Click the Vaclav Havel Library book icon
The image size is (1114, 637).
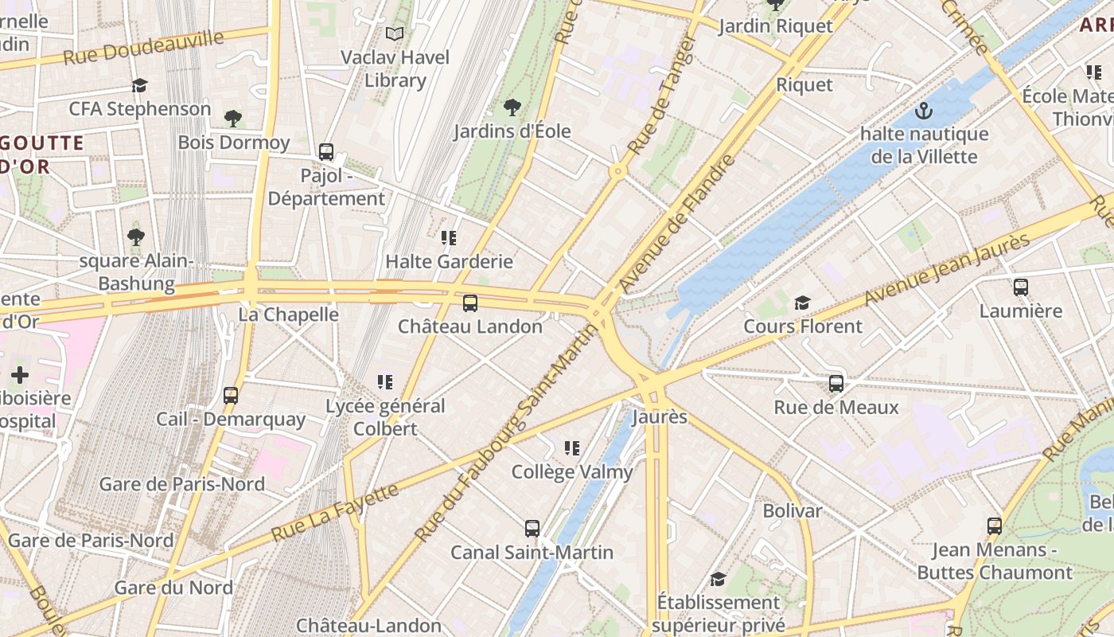tap(395, 33)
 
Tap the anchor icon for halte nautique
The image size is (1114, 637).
tap(924, 110)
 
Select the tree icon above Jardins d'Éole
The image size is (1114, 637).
tap(512, 107)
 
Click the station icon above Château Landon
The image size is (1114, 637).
tap(470, 303)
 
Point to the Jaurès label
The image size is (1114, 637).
tap(659, 416)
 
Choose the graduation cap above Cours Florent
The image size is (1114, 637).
tap(802, 303)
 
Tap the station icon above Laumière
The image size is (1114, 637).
tap(1021, 287)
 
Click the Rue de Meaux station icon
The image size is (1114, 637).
tap(836, 384)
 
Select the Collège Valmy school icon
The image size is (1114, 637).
tap(571, 448)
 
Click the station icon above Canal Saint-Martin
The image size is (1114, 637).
tap(532, 529)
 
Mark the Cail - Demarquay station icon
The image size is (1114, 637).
tap(231, 395)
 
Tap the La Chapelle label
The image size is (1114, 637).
tap(289, 315)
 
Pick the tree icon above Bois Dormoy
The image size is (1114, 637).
tap(233, 119)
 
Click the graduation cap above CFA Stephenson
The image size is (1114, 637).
tap(140, 85)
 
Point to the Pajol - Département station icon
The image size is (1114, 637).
tap(326, 152)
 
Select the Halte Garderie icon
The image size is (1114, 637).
tap(449, 237)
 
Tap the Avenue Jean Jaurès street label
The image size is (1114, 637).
tap(947, 269)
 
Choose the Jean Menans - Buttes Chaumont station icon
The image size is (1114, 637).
tap(995, 526)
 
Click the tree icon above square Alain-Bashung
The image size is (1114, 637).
tap(136, 236)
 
